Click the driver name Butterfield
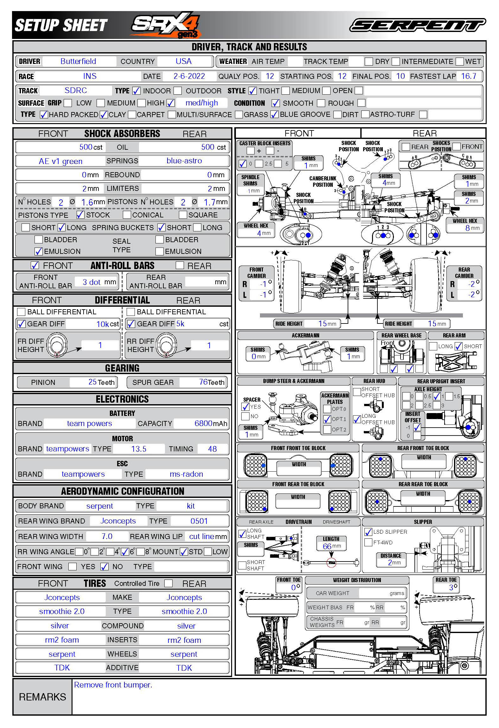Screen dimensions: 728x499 point(78,61)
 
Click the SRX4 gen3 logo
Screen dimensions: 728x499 point(166,25)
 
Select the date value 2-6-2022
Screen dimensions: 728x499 point(189,76)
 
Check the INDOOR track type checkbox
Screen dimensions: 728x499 point(136,91)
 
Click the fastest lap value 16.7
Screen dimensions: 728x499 point(469,76)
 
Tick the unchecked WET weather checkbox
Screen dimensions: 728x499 point(460,61)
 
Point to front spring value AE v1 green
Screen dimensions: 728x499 point(60,161)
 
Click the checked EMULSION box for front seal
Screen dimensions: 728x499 point(39,251)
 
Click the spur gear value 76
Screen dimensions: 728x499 point(203,382)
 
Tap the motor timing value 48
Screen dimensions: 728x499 point(212,449)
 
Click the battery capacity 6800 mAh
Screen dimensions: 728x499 point(210,424)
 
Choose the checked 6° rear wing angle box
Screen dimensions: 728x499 point(125,552)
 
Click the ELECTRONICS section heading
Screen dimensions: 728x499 point(122,399)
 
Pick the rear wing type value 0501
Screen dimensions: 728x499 point(199,521)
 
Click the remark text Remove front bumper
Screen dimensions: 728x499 point(113,685)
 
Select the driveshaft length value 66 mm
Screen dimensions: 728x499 point(331,546)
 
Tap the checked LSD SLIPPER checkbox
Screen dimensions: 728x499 point(368,532)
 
